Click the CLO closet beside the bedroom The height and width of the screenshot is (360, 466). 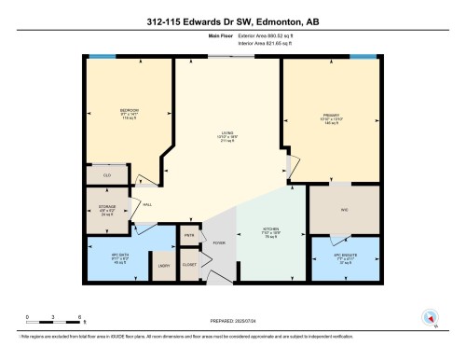107,173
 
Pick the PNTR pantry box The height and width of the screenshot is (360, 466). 190,236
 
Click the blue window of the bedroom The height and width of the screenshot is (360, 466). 102,58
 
